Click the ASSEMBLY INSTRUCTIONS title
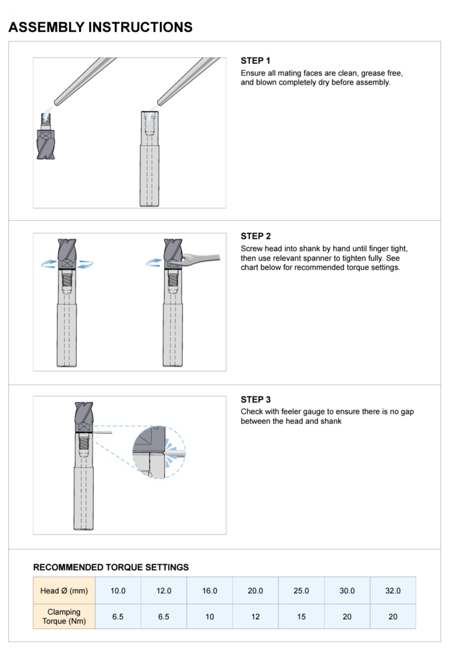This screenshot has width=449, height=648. pos(100,27)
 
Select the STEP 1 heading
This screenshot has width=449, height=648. pos(255,61)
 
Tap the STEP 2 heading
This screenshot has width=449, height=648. pos(255,236)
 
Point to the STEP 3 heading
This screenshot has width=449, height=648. pos(255,399)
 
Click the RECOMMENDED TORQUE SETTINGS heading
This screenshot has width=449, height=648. pos(111,567)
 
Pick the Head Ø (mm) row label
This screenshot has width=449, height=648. pos(64,591)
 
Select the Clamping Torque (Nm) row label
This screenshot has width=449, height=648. pos(64,616)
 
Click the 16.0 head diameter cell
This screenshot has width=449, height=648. pos(210,591)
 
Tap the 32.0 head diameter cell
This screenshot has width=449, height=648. pos(393,591)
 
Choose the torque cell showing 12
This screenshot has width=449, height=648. pos(255,617)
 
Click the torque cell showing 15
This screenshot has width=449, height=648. pos(301,617)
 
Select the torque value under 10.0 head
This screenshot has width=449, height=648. pos(118,617)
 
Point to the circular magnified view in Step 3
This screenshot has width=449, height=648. pos(159,452)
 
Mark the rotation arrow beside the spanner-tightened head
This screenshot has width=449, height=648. pos(154,262)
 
